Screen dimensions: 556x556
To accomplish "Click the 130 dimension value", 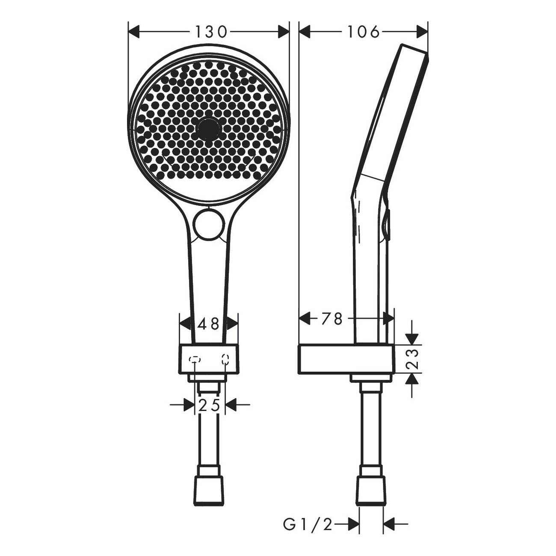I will (210, 32).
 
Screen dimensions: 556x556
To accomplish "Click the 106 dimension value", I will (363, 32).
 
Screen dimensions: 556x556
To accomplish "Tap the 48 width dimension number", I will (208, 324).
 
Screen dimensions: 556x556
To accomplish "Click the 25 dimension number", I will (210, 405).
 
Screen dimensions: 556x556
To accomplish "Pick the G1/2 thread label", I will (308, 524).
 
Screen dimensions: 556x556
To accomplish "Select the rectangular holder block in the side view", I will (346, 359).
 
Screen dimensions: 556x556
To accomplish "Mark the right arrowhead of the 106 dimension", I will (422, 32).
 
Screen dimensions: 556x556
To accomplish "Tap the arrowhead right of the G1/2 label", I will (353, 524).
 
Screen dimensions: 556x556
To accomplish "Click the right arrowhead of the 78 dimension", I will (388, 319).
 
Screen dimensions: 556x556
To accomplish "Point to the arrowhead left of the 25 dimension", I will (189, 405).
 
